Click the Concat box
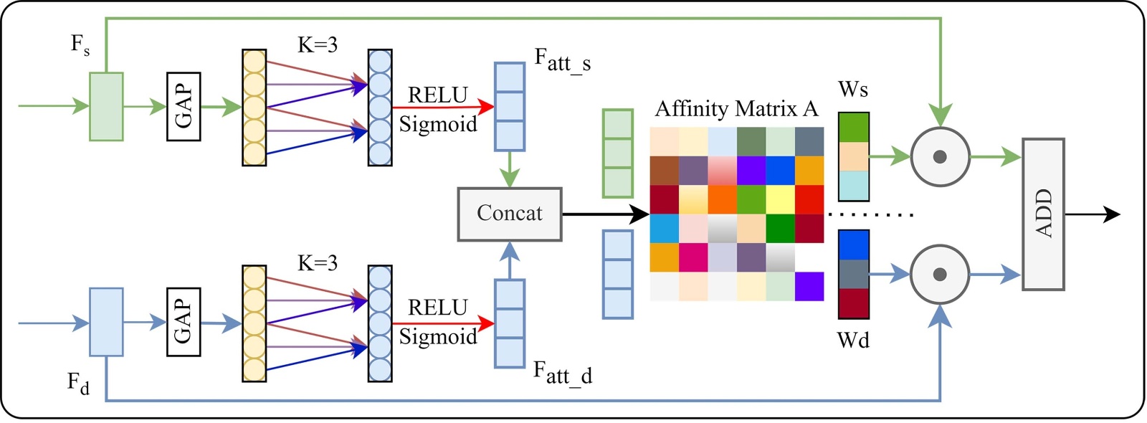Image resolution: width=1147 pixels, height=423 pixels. pyautogui.click(x=510, y=214)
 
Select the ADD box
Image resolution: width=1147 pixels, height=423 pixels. pyautogui.click(x=1043, y=214)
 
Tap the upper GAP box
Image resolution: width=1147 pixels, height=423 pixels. pyautogui.click(x=184, y=106)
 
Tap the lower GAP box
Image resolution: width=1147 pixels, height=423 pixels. pyautogui.click(x=184, y=322)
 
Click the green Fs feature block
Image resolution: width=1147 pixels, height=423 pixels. pyautogui.click(x=106, y=106)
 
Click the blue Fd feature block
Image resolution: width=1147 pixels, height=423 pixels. pyautogui.click(x=106, y=322)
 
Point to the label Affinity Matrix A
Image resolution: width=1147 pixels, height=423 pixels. pyautogui.click(x=736, y=109)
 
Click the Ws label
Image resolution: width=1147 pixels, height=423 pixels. pyautogui.click(x=853, y=90)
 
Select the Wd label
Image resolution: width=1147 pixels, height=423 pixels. pyautogui.click(x=853, y=340)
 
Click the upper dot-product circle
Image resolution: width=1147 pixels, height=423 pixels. pyautogui.click(x=940, y=157)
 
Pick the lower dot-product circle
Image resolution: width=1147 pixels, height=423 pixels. pyautogui.click(x=940, y=274)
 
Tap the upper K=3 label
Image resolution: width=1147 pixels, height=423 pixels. pyautogui.click(x=318, y=45)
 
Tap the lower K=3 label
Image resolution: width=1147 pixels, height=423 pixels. pyautogui.click(x=318, y=263)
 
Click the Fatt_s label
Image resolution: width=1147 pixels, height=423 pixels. pyautogui.click(x=563, y=60)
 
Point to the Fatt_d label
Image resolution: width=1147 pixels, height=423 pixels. pyautogui.click(x=563, y=372)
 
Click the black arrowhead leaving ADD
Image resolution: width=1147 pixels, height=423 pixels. pyautogui.click(x=1112, y=214)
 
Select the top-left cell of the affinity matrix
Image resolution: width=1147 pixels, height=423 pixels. pyautogui.click(x=665, y=141)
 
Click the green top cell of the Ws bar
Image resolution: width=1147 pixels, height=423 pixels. pyautogui.click(x=854, y=128)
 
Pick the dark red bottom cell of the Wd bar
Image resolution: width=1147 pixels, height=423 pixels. pyautogui.click(x=854, y=303)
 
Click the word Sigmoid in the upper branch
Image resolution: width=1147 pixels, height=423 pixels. pyautogui.click(x=438, y=124)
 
